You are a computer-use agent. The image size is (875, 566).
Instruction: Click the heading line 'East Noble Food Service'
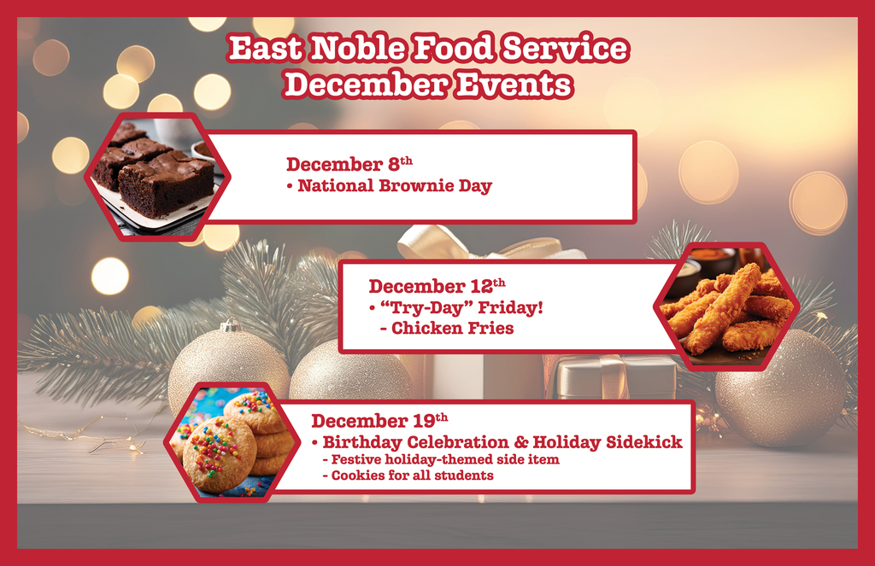pyautogui.click(x=428, y=50)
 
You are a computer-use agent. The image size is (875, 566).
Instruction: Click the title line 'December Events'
pyautogui.click(x=428, y=85)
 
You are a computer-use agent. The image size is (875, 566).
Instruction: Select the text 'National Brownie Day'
pyautogui.click(x=394, y=185)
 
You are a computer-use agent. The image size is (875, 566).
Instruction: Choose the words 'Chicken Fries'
pyautogui.click(x=452, y=328)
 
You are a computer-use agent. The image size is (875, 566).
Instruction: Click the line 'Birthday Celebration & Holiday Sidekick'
pyautogui.click(x=502, y=442)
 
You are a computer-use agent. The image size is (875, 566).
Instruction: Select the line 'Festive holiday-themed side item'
pyautogui.click(x=445, y=459)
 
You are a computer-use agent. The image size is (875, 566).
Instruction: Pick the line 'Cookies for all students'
pyautogui.click(x=413, y=476)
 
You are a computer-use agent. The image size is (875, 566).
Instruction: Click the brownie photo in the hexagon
pyautogui.click(x=157, y=177)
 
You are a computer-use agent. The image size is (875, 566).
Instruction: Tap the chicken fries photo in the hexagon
pyautogui.click(x=727, y=307)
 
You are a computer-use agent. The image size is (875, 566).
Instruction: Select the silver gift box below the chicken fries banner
pyautogui.click(x=615, y=376)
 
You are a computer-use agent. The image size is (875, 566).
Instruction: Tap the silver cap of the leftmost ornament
pyautogui.click(x=229, y=325)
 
